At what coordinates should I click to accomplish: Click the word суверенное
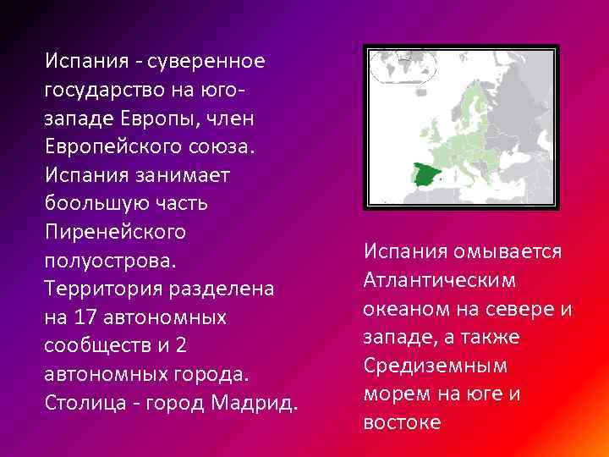(211, 61)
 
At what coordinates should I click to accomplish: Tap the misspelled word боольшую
(93, 205)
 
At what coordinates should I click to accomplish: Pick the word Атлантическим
(441, 280)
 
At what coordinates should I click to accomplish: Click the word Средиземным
(435, 366)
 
